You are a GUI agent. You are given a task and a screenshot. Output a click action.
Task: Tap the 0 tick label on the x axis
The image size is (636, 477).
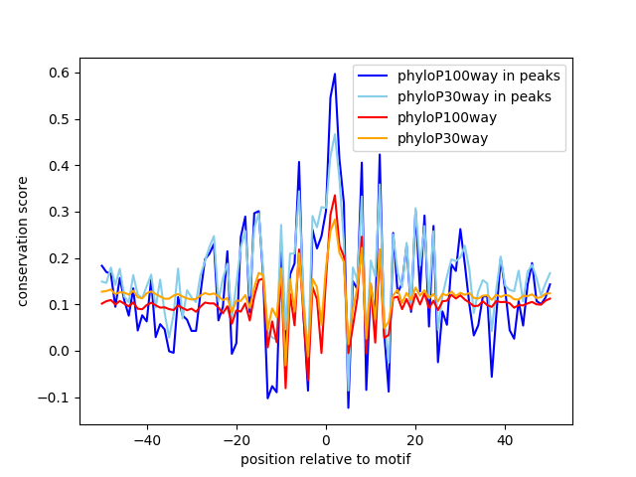click(x=326, y=439)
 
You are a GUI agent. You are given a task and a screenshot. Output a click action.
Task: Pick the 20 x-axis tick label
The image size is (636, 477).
click(x=415, y=439)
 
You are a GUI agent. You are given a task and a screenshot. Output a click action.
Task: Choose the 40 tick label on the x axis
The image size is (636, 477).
click(x=505, y=439)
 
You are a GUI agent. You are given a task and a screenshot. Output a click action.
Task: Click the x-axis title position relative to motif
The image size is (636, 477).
click(x=325, y=459)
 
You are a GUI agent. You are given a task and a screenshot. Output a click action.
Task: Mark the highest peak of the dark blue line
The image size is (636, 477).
click(x=335, y=74)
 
